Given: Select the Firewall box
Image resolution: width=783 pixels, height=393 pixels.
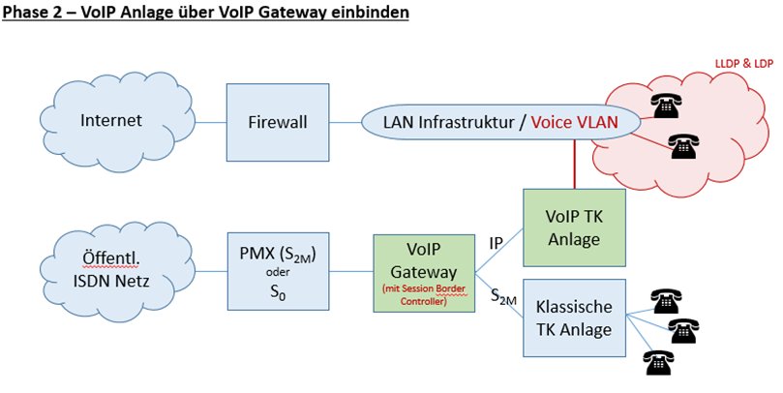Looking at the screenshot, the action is [278, 122].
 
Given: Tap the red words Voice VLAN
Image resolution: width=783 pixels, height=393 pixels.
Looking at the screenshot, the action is [574, 122].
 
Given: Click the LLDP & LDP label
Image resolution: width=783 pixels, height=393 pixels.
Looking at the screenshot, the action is [744, 65].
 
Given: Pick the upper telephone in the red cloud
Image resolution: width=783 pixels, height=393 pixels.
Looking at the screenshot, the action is [666, 105].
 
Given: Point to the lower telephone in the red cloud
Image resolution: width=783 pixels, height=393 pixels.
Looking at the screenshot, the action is [684, 146].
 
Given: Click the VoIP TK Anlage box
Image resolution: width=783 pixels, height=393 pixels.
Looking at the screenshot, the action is [574, 227].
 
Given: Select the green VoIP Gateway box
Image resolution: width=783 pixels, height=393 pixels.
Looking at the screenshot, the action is [424, 273].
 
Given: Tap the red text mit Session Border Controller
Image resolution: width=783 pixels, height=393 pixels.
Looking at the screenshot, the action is [424, 295].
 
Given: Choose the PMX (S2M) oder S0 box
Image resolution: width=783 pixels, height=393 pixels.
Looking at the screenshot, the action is [278, 271].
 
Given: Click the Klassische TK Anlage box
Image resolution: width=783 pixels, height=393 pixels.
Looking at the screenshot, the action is [574, 318].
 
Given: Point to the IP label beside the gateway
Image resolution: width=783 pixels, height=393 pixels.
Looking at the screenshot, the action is [496, 244].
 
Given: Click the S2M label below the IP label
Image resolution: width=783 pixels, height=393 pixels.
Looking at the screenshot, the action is [503, 296].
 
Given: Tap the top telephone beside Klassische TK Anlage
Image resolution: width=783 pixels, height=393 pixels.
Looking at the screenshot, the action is [666, 301].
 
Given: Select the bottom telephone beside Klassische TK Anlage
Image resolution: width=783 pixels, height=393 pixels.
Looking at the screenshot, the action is [659, 362].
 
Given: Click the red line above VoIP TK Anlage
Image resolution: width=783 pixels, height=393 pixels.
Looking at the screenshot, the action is [574, 164].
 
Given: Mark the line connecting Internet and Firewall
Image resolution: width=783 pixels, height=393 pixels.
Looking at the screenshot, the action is [211, 122].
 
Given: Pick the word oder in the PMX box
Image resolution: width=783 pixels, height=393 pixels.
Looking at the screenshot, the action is [278, 273].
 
